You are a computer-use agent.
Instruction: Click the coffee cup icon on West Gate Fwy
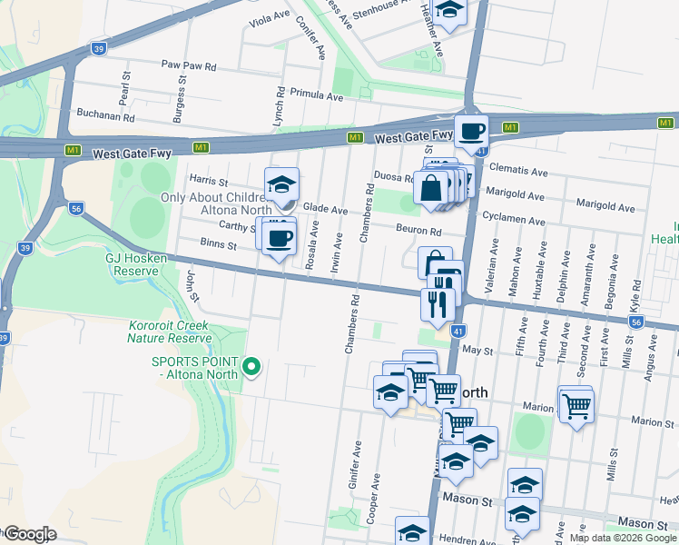pyautogui.click(x=471, y=132)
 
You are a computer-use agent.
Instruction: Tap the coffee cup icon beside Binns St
pyautogui.click(x=279, y=238)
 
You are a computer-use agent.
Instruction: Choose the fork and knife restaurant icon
pyautogui.click(x=438, y=303)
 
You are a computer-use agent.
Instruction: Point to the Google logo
pyautogui.click(x=30, y=534)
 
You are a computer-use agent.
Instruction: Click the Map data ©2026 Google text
pyautogui.click(x=623, y=538)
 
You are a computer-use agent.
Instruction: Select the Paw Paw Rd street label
pyautogui.click(x=189, y=66)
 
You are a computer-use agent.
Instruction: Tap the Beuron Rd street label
pyautogui.click(x=418, y=232)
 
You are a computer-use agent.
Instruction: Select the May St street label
pyautogui.click(x=477, y=350)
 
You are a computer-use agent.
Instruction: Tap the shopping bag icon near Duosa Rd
pyautogui.click(x=431, y=188)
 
